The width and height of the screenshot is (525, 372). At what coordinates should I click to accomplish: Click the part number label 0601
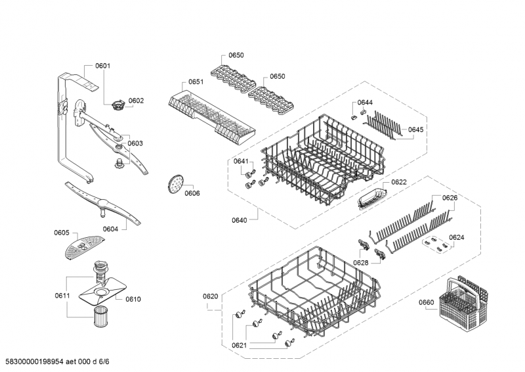102,66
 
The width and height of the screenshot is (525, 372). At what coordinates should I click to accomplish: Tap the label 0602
136,101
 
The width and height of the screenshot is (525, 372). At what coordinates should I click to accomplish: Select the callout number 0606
192,193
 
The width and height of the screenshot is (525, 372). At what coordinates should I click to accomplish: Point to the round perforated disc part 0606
174,183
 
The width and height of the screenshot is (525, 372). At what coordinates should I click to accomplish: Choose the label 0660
427,303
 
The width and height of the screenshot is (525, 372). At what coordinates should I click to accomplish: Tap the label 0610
133,299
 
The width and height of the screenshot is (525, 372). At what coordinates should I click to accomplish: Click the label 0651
196,81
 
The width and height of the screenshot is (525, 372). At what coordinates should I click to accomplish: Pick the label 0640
240,220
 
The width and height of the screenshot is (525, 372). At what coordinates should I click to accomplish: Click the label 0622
399,182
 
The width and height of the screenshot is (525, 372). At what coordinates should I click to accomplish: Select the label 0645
415,129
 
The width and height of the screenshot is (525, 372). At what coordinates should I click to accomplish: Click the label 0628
360,263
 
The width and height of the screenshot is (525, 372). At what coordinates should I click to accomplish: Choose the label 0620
210,296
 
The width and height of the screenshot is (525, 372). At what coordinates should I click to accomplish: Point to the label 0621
240,345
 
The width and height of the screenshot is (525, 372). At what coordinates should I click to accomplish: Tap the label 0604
110,229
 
